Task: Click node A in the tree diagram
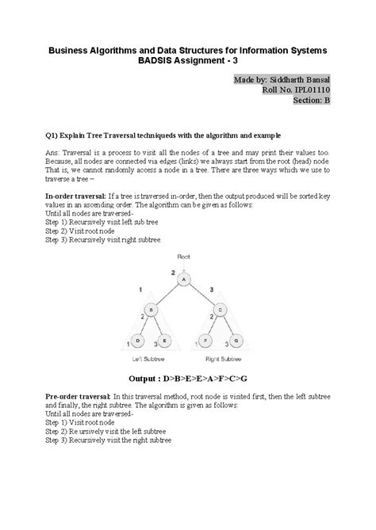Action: pyautogui.click(x=184, y=280)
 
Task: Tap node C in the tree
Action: pyautogui.click(x=221, y=309)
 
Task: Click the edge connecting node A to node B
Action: pyautogui.click(x=166, y=294)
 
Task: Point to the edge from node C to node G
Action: pyautogui.click(x=228, y=325)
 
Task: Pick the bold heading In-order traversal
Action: pyautogui.click(x=79, y=196)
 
